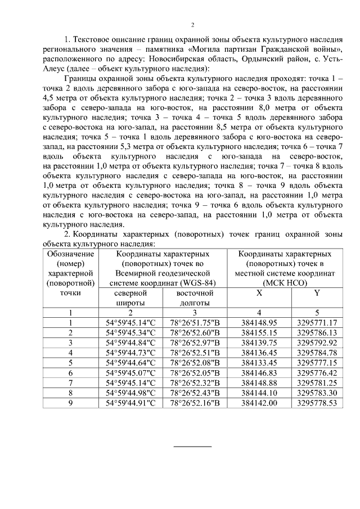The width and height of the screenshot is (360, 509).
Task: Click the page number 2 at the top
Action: point(192,25)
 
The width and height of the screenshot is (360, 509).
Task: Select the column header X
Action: point(259,293)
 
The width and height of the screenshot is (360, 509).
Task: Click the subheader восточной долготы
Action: point(195,298)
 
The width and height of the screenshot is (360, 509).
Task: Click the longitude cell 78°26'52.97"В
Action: point(195,342)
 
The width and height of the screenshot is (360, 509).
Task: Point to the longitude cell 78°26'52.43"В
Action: point(195,393)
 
